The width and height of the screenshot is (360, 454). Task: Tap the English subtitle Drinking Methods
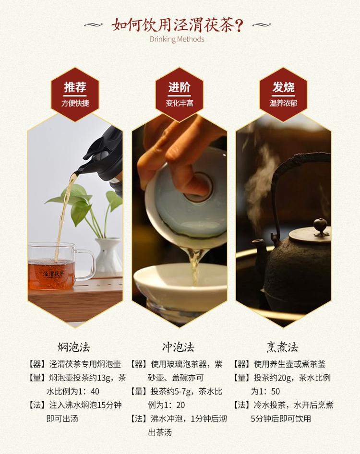pyautogui.click(x=177, y=39)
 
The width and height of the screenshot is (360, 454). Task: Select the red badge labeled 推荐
pyautogui.click(x=75, y=95)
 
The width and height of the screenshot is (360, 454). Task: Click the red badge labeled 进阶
pyautogui.click(x=179, y=95)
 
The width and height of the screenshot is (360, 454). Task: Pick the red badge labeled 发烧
pyautogui.click(x=283, y=95)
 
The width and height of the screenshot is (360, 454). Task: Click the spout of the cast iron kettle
pyautogui.click(x=259, y=250)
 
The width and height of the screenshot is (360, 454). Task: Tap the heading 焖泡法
pyautogui.click(x=73, y=347)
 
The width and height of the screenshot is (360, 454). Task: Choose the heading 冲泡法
pyautogui.click(x=178, y=347)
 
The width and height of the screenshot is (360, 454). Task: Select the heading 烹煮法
pyautogui.click(x=282, y=347)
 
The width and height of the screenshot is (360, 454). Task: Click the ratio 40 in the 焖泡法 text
pyautogui.click(x=95, y=392)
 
